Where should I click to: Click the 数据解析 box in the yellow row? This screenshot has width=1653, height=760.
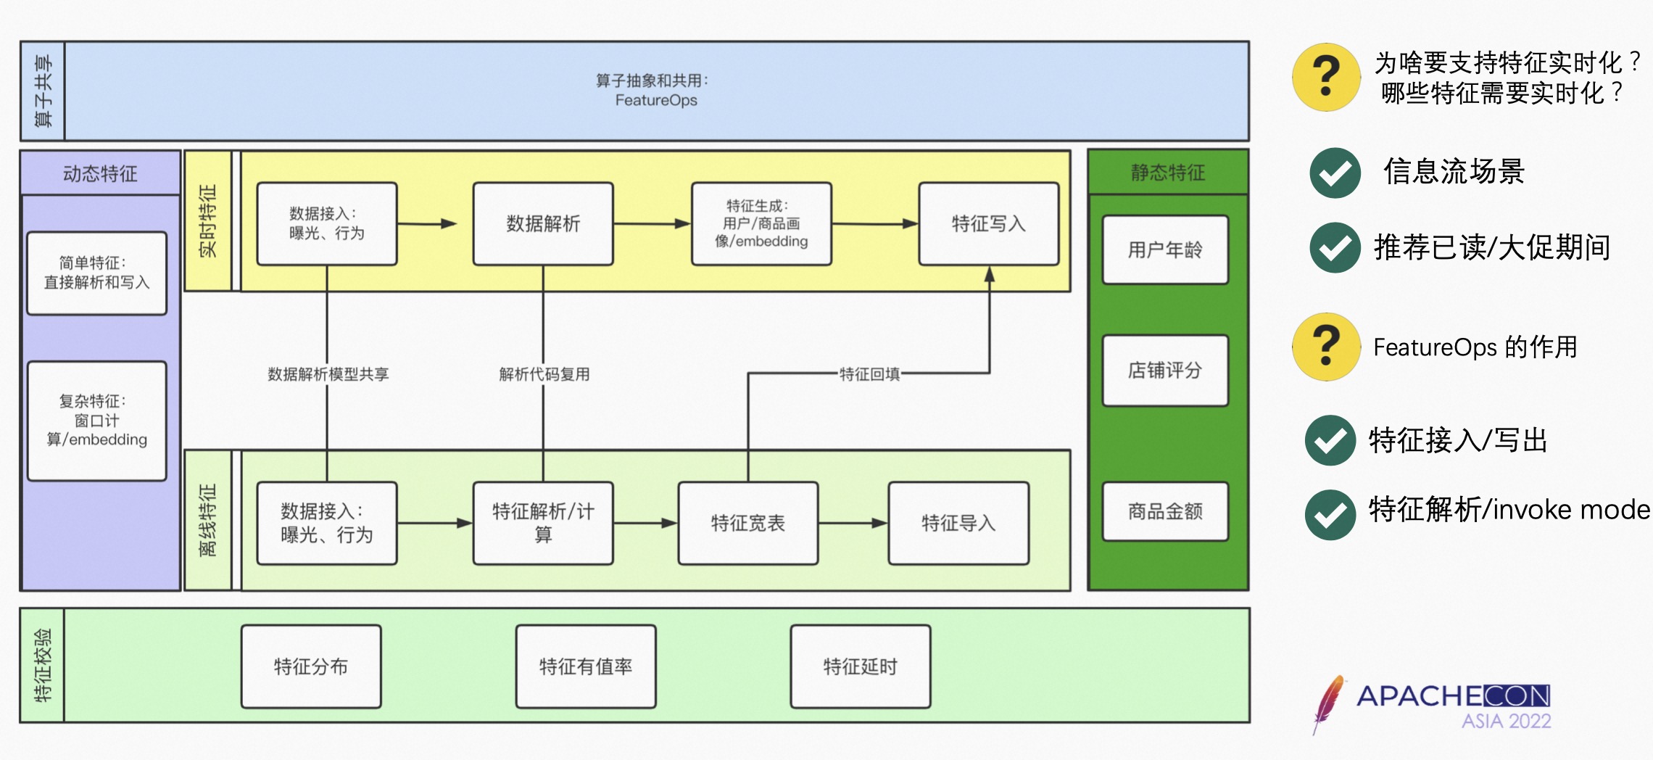[543, 223]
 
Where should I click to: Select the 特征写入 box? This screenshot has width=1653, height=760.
[989, 223]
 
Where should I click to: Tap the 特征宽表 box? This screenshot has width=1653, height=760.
[748, 523]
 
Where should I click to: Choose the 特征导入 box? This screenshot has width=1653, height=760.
[958, 523]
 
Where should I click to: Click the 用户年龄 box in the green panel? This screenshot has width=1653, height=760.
[1165, 249]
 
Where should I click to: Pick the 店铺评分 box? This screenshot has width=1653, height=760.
[1165, 370]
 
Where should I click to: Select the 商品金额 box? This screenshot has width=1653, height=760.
[1165, 511]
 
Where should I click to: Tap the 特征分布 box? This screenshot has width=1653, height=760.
[311, 666]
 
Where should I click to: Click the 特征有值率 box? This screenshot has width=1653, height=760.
[586, 666]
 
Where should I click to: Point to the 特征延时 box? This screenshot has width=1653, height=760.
[861, 666]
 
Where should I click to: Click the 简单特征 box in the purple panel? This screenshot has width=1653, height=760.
[97, 273]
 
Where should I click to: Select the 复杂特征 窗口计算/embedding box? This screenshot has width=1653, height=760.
[97, 421]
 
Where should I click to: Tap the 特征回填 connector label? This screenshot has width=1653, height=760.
[869, 373]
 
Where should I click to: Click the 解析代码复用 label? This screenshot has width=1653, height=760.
[544, 374]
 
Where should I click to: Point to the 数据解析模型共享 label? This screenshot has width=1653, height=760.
[328, 374]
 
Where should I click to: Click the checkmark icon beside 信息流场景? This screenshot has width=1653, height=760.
[1335, 173]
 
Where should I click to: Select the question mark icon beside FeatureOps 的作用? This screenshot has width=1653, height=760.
[1326, 347]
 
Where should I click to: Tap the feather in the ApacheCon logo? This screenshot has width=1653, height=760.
[1328, 703]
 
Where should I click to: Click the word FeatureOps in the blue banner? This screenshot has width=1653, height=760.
[656, 100]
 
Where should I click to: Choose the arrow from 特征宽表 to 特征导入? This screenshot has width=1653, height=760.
[853, 523]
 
